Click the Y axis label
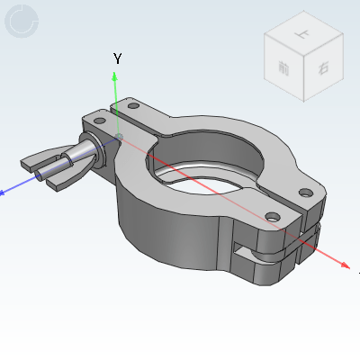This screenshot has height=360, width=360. (x=117, y=58)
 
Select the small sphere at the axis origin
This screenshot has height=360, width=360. (x=120, y=137)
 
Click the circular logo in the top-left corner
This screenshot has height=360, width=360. (x=22, y=21)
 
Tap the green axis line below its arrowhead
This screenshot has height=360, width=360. (x=115, y=103)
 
